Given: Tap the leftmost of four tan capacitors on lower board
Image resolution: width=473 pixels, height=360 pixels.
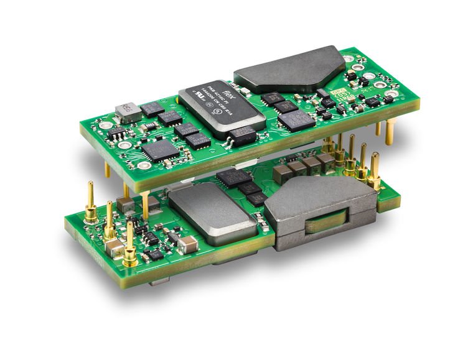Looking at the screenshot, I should [289, 172].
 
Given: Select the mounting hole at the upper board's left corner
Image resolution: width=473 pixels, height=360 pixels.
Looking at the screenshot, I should [144, 166].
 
